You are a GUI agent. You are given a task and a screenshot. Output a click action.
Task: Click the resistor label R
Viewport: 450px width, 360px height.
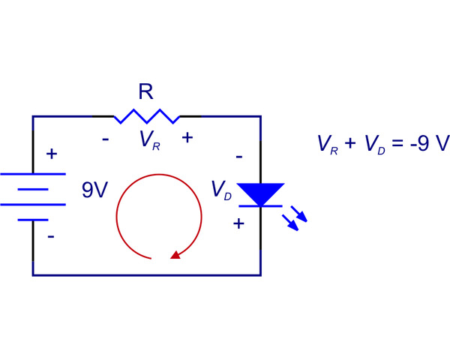coord(146,92)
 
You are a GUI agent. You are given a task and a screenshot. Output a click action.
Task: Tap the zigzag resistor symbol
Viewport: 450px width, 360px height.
coord(147,116)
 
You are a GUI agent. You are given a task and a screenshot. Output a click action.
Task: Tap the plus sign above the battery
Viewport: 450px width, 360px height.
coord(51,154)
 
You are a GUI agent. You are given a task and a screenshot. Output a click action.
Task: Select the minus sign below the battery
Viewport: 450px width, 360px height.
coord(51,235)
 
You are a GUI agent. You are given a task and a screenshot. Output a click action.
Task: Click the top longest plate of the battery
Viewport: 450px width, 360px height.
coord(33,174)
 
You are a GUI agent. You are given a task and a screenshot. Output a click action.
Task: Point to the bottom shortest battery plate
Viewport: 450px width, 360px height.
coord(33,220)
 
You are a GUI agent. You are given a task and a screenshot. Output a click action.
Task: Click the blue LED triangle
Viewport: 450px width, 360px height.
coord(259,193)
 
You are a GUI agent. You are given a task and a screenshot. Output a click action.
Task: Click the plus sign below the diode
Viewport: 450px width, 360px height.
coord(238,223)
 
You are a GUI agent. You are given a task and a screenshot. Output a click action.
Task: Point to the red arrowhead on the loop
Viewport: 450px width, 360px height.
coord(175,254)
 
